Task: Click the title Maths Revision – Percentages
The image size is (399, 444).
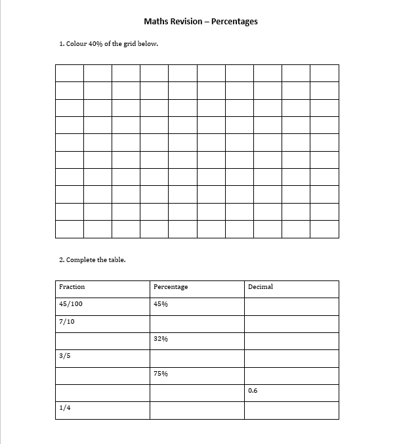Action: coord(200,22)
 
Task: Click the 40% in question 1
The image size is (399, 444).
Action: coord(95,45)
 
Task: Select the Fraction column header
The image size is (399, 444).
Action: coord(72,287)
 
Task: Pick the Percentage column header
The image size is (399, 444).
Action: coord(171,287)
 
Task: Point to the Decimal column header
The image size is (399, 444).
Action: coord(261,287)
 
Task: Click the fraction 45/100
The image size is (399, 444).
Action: coord(71,304)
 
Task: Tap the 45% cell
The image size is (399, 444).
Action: coord(161,304)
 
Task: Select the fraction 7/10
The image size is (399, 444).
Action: coord(66,322)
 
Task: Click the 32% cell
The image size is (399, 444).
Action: coord(161,339)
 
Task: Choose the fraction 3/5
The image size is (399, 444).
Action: coord(64,356)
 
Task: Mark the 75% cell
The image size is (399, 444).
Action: coord(161,374)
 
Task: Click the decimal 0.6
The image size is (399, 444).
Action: coord(253,391)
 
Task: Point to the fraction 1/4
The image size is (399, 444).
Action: coord(64,408)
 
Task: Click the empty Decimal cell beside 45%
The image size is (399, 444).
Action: coord(291,306)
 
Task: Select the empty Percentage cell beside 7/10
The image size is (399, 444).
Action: coord(197,324)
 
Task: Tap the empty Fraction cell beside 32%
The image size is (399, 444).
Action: coord(102,341)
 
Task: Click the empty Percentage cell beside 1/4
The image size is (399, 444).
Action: coord(197,410)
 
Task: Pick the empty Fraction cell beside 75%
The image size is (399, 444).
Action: coord(102,376)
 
